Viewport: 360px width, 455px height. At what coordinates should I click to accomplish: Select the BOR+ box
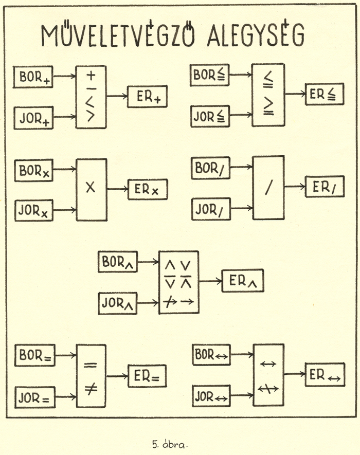[x=33, y=77]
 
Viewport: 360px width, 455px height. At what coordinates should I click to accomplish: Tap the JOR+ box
[x=33, y=117]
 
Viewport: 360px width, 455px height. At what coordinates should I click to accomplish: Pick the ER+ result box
[x=148, y=97]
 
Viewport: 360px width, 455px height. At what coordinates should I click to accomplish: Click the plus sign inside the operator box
[x=91, y=76]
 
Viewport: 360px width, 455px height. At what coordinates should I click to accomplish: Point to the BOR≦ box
[x=209, y=75]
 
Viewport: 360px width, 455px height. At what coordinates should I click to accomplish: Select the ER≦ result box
[x=324, y=94]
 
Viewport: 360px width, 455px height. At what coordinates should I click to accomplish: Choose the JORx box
[x=34, y=210]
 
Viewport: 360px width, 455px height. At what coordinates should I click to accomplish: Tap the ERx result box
[x=148, y=189]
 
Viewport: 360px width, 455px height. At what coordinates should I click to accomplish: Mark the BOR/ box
[x=210, y=168]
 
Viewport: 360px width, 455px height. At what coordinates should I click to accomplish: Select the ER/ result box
[x=324, y=187]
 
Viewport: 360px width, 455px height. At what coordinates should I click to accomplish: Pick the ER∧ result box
[x=243, y=281]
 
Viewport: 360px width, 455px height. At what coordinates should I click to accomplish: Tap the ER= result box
[x=148, y=376]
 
